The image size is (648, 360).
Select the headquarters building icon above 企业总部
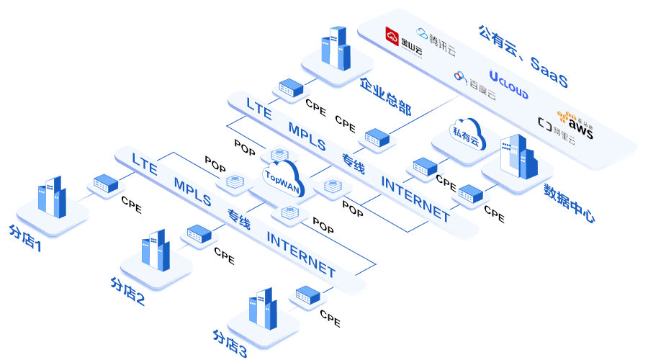335,48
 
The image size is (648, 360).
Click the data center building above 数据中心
518,156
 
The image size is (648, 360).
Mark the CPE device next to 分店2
199,233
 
